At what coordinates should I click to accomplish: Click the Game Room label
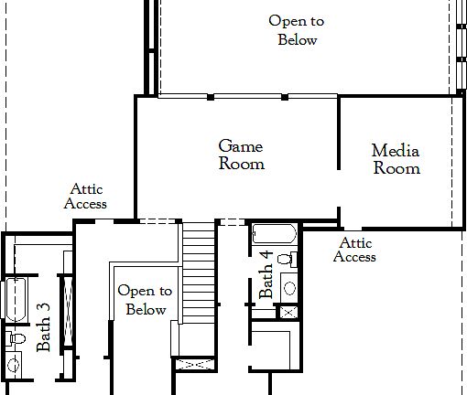click(x=242, y=155)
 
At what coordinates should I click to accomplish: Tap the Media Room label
click(x=396, y=159)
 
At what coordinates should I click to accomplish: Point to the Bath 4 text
click(x=266, y=273)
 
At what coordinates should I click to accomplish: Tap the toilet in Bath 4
click(x=286, y=259)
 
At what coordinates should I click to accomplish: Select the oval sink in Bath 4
click(x=289, y=288)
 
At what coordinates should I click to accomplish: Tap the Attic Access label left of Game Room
click(x=85, y=197)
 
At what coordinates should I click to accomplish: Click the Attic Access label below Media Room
click(x=354, y=250)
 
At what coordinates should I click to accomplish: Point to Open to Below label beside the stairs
click(x=145, y=300)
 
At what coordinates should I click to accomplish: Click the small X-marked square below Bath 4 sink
click(x=288, y=312)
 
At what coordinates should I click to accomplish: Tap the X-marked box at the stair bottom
click(x=194, y=365)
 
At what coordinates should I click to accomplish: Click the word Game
click(x=241, y=146)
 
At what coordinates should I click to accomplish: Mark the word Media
click(x=396, y=151)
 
